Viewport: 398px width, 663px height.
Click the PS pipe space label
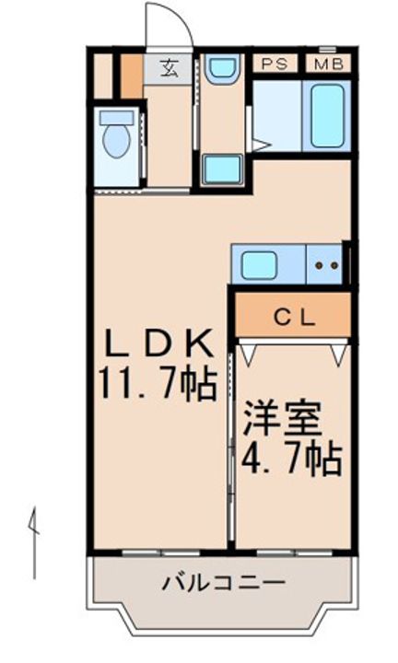pyautogui.click(x=274, y=64)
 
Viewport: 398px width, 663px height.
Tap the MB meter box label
pyautogui.click(x=328, y=64)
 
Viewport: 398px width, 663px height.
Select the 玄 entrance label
pyautogui.click(x=169, y=67)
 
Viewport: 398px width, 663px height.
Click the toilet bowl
pyautogui.click(x=116, y=136)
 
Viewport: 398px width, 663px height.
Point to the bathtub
pyautogui.click(x=327, y=115)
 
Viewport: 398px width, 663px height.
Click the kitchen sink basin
pyautogui.click(x=259, y=264)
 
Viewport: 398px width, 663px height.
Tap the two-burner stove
pyautogui.click(x=326, y=264)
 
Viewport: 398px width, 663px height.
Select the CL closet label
pyautogui.click(x=295, y=318)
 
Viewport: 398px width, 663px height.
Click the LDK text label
pyautogui.click(x=158, y=343)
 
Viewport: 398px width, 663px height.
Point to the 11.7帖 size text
pyautogui.click(x=158, y=384)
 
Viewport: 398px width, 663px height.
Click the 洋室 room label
pyautogui.click(x=282, y=419)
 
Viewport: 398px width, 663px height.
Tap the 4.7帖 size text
pyautogui.click(x=291, y=459)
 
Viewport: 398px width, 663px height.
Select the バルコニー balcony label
pyautogui.click(x=224, y=584)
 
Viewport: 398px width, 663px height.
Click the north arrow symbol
pyautogui.click(x=33, y=541)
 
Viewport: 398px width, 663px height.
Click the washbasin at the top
pyautogui.click(x=222, y=68)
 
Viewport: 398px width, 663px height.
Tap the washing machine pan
pyautogui.click(x=222, y=169)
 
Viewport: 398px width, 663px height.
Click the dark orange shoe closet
pyautogui.click(x=132, y=76)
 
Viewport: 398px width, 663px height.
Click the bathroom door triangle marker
pyautogui.click(x=261, y=145)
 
